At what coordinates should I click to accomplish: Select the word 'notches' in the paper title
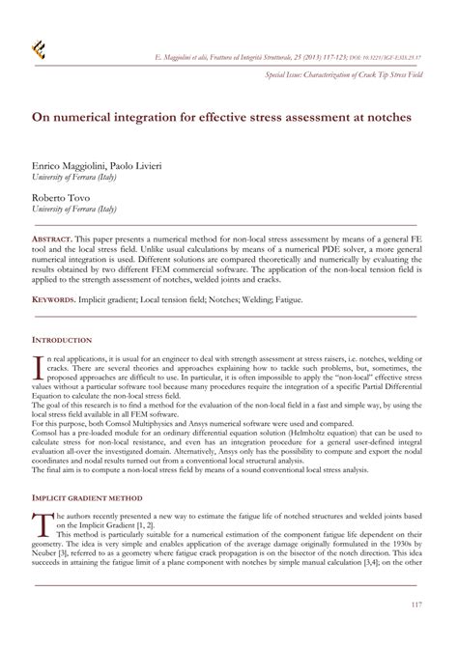[386, 115]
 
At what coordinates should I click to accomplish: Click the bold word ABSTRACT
[57, 237]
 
